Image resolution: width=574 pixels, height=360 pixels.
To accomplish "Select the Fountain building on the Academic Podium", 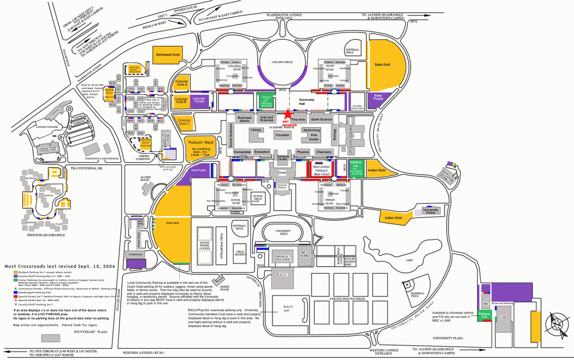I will pos(283,135).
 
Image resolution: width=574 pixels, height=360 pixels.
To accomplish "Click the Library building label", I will pos(256,130).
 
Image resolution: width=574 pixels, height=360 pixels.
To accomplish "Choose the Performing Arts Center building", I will pos(311,135).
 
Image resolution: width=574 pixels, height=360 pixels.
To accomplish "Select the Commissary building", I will pos(136,255).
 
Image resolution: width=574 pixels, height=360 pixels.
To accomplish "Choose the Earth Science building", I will pos(321,119).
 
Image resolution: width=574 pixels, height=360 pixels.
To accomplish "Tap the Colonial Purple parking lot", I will pos(199,100).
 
